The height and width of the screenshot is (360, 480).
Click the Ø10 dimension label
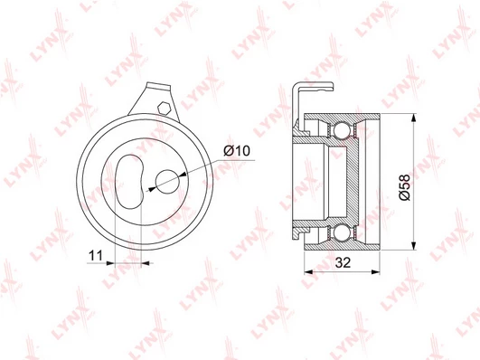tap(237, 151)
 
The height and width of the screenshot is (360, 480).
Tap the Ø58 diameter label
tap(405, 187)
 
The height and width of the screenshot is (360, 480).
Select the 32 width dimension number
tap(343, 262)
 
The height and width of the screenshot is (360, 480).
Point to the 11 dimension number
tap(96, 255)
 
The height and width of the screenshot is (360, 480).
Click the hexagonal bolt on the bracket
tap(164, 108)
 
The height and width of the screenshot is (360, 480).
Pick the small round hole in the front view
tap(167, 182)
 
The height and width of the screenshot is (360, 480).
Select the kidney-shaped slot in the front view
tap(129, 182)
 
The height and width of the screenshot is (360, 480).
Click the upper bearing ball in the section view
tap(342, 130)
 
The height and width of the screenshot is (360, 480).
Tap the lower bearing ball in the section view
tap(342, 233)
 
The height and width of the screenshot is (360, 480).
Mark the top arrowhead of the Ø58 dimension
tap(414, 118)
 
